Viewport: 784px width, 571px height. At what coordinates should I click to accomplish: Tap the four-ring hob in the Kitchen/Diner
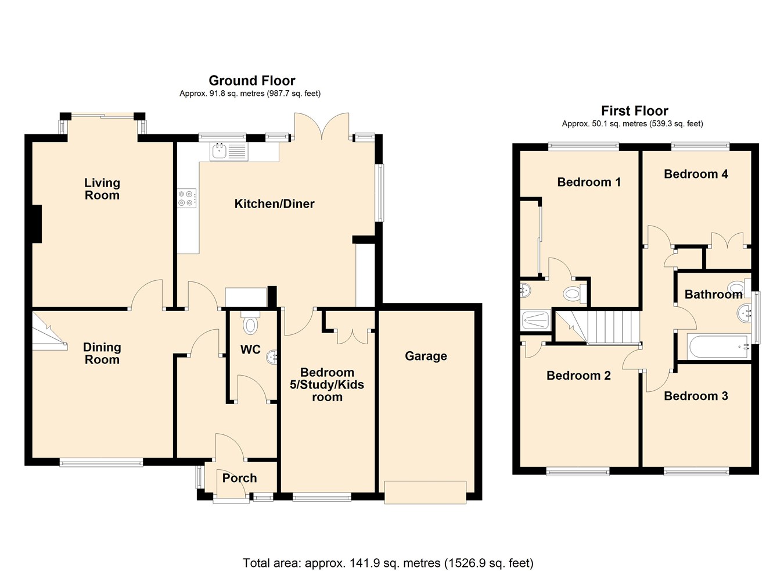[187, 198]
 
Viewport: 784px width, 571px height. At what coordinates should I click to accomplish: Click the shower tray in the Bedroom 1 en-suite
[535, 320]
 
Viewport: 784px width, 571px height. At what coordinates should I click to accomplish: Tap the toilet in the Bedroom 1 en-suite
[573, 294]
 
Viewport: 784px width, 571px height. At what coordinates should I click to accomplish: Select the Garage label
[426, 356]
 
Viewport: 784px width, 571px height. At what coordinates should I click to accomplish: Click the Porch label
[239, 478]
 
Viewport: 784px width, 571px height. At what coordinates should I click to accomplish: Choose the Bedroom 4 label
[696, 174]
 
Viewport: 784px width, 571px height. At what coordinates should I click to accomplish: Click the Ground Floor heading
[251, 80]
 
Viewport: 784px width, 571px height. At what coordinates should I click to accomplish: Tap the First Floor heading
[634, 110]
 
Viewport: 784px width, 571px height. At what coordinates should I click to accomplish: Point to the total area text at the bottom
[388, 563]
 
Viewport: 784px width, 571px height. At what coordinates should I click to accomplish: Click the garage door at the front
[426, 492]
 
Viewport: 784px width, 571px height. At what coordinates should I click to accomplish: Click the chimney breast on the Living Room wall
[37, 224]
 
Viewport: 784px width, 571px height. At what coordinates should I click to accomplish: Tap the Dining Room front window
[101, 463]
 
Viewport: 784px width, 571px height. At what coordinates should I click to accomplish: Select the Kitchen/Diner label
[274, 204]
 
